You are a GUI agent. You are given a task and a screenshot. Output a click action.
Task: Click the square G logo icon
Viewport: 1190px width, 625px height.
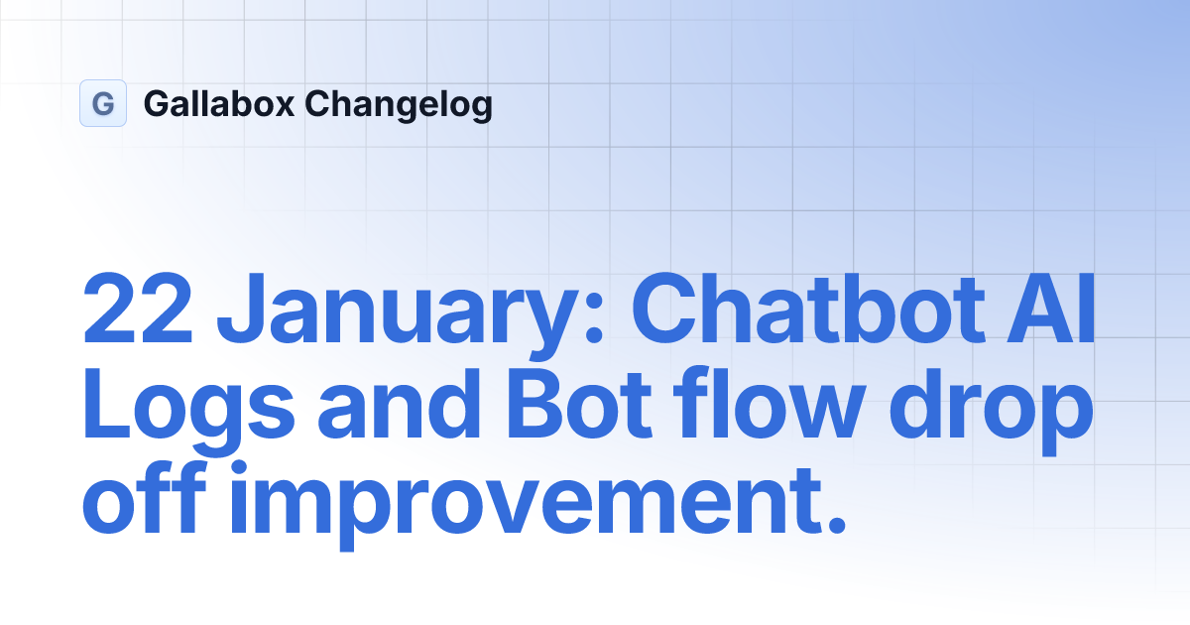103,103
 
